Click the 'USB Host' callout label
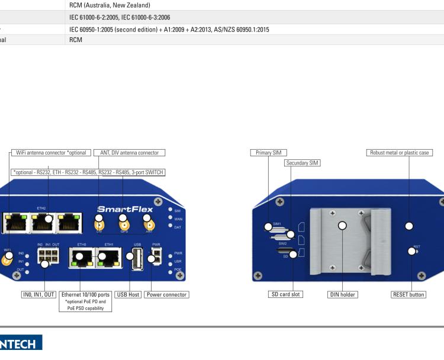pyautogui.click(x=126, y=294)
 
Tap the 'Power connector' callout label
pyautogui.click(x=166, y=294)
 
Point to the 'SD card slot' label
pyautogui.click(x=286, y=294)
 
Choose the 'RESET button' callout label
pyautogui.click(x=408, y=294)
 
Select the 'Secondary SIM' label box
pyautogui.click(x=302, y=163)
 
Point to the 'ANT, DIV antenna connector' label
pyautogui.click(x=129, y=153)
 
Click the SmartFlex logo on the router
pyautogui.click(x=125, y=210)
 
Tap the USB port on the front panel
pyautogui.click(x=137, y=258)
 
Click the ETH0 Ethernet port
pyautogui.click(x=81, y=258)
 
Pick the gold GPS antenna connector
pyautogui.click(x=124, y=224)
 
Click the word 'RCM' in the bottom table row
pyautogui.click(x=75, y=40)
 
